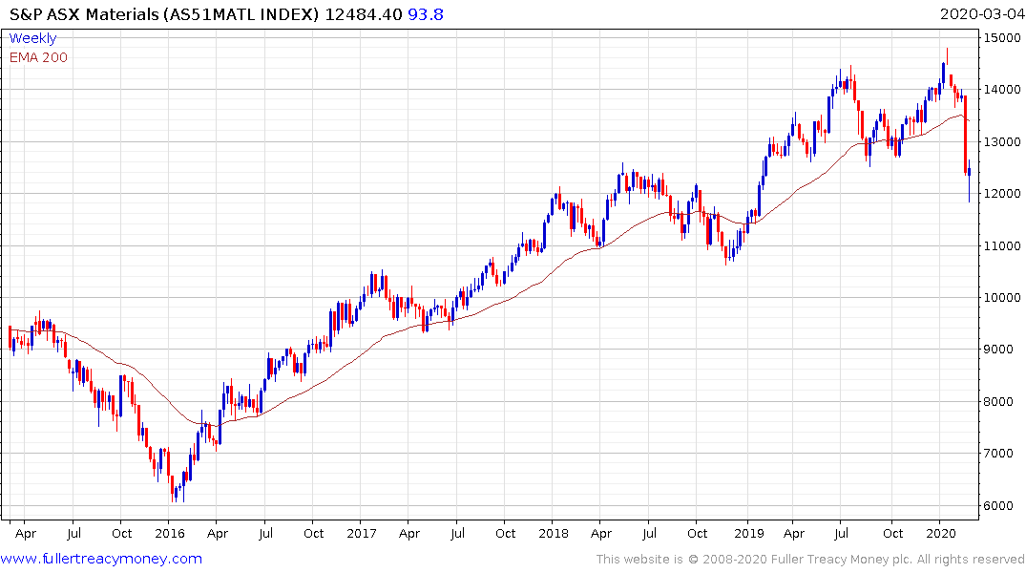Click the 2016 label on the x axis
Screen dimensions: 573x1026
[x=169, y=534]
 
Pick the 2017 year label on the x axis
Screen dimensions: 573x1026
[x=363, y=534]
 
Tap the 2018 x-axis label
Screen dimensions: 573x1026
[x=555, y=534]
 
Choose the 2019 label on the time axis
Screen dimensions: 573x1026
[x=747, y=534]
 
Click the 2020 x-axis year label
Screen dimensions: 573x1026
[x=941, y=534]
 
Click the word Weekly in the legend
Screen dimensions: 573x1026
[x=32, y=38]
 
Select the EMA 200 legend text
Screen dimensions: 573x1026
[x=38, y=57]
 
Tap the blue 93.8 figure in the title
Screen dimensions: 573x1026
[x=427, y=13]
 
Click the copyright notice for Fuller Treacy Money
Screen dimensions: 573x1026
[x=810, y=560]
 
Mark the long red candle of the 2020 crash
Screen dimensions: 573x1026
[x=966, y=134]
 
